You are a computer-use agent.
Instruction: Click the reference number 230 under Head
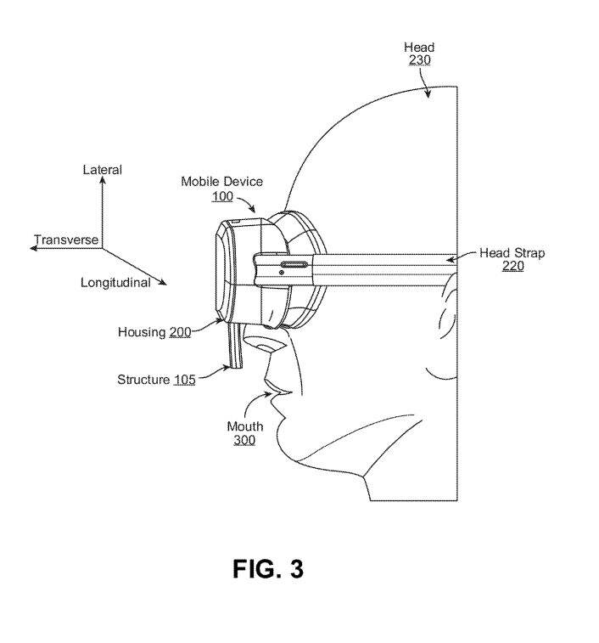419,60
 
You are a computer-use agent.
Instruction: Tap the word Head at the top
419,48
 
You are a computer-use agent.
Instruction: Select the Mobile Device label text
221,182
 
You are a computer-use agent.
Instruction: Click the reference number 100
222,196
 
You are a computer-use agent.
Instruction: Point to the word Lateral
103,170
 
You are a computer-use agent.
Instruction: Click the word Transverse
66,240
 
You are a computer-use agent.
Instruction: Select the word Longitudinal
115,283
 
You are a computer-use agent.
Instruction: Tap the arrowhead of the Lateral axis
103,179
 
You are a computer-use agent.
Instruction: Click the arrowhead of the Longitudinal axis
163,282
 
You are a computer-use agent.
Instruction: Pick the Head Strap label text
512,253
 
